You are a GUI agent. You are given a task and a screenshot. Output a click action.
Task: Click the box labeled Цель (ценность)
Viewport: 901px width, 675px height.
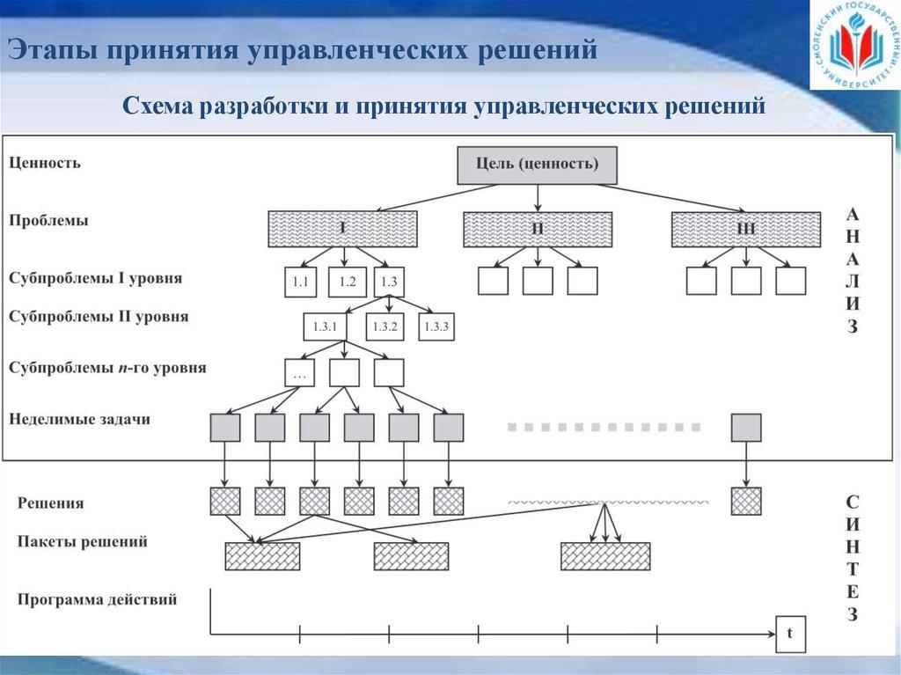[x=537, y=165]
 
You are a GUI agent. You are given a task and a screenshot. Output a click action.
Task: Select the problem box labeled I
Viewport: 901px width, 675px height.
[x=342, y=229]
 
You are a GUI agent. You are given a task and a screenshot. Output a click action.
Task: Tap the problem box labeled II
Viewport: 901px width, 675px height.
[x=538, y=229]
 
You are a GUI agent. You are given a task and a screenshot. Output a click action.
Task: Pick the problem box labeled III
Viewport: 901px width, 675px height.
[x=745, y=229]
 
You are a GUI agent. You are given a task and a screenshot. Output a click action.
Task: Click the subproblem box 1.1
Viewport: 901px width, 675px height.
[x=299, y=282]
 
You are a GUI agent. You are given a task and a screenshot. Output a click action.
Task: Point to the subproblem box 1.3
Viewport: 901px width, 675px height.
[x=389, y=282]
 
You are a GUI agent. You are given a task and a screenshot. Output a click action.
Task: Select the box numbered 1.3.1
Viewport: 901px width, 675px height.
[x=325, y=326]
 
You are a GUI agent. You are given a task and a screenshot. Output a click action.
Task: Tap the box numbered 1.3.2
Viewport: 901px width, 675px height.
[x=385, y=326]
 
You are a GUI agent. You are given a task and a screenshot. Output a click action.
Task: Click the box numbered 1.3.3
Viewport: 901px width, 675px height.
[x=436, y=326]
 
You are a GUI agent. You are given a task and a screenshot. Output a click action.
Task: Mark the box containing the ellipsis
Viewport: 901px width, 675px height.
[x=299, y=372]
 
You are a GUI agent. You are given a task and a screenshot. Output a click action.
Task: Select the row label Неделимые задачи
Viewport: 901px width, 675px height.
[x=79, y=419]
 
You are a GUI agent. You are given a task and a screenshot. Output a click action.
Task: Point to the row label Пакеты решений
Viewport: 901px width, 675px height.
[x=82, y=542]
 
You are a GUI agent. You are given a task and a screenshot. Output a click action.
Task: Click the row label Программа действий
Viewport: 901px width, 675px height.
[x=97, y=600]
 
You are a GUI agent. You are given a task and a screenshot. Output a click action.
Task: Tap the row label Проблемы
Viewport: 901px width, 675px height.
[x=48, y=220]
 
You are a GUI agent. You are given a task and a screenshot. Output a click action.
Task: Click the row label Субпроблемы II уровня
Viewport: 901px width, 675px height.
[x=99, y=315]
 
